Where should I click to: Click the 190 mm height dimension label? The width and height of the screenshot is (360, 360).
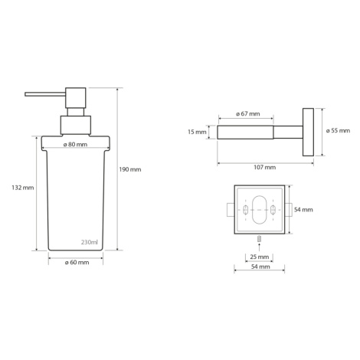tap(130, 169)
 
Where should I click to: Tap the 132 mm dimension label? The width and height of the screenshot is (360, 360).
tap(23, 188)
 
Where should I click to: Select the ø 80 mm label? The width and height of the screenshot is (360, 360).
tap(75, 145)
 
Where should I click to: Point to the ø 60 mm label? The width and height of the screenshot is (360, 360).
tap(77, 263)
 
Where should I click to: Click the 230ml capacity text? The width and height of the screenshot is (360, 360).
tap(90, 242)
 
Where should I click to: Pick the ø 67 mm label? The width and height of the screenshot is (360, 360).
tap(247, 113)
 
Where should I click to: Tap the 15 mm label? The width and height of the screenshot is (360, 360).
tap(197, 132)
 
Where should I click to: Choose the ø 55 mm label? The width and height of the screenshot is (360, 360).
tap(338, 131)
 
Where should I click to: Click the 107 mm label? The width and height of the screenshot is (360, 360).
tap(265, 168)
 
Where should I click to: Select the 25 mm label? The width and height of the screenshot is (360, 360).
tap(260, 257)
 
